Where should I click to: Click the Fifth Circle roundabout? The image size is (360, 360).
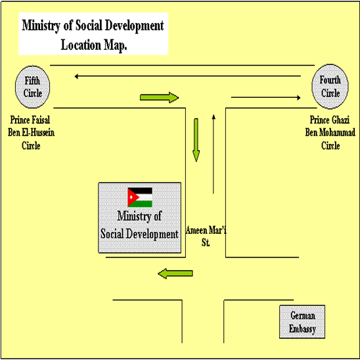pos(32,87)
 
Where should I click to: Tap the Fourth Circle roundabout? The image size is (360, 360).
pos(330,86)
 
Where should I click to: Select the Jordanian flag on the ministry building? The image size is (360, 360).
pos(140,197)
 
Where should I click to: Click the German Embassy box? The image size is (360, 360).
pos(302,322)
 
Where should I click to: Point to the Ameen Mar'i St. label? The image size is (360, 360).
pos(206,236)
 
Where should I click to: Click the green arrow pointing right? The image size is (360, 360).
pos(160,98)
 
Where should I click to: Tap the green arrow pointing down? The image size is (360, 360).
pos(196,140)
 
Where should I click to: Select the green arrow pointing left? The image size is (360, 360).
pos(175,273)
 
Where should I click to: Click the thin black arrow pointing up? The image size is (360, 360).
pos(214,154)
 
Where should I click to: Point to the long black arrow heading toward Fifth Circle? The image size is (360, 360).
pos(188,76)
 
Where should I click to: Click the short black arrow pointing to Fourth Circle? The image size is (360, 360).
pos(265,98)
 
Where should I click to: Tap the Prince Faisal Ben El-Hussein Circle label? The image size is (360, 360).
pos(31,133)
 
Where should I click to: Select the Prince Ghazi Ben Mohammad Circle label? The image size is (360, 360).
pos(330,133)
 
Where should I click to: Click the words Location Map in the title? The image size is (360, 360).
pos(94,45)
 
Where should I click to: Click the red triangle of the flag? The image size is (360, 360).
pos(133,198)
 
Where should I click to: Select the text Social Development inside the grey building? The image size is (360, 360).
pos(139,234)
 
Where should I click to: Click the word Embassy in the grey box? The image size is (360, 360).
pos(302,329)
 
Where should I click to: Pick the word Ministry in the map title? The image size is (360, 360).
pos(41,26)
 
